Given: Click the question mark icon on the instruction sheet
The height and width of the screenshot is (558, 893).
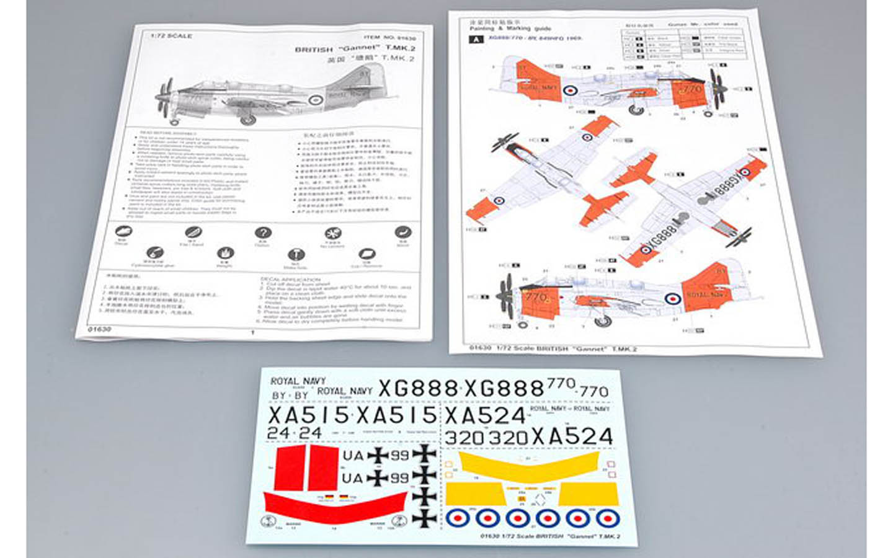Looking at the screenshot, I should click(x=263, y=233).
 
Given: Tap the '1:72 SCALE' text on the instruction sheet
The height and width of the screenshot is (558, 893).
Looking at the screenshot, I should click(x=171, y=36).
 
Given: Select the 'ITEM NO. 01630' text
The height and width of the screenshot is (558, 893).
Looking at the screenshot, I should click(x=389, y=38).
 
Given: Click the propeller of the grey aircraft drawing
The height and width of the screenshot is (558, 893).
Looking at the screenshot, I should click(x=165, y=97).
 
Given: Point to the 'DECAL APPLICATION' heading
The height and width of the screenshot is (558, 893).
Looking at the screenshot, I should click(x=290, y=280).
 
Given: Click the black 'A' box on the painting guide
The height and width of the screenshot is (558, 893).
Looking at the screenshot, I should click(x=476, y=39).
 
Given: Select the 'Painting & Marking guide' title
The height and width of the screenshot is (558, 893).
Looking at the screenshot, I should click(x=510, y=29).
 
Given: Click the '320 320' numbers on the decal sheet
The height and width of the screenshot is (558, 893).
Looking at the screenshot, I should click(x=486, y=438).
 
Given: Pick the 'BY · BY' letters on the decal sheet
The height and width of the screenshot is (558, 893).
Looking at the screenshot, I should click(x=290, y=395).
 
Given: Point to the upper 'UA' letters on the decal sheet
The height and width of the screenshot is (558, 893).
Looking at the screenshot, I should click(x=353, y=456).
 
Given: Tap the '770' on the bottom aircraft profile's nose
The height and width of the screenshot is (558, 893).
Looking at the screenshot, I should click(x=536, y=297).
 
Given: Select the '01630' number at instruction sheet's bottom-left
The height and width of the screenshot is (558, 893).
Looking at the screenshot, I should click(x=99, y=329).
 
